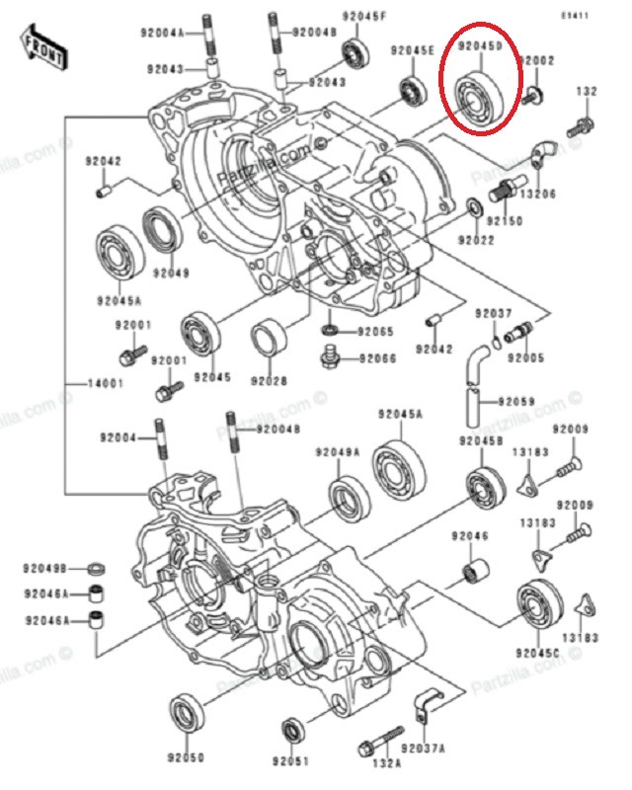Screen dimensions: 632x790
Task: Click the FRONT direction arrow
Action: click(x=42, y=46)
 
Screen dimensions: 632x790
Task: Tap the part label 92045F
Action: click(x=364, y=16)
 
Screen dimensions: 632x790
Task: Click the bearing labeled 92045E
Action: click(x=414, y=91)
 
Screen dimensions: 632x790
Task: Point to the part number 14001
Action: click(x=106, y=383)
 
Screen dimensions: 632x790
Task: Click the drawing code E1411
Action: click(x=575, y=16)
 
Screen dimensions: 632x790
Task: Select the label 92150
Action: click(x=505, y=220)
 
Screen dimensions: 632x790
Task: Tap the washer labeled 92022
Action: click(x=474, y=206)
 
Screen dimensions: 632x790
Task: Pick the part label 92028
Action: click(x=270, y=380)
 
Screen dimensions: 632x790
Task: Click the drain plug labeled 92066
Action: click(x=329, y=356)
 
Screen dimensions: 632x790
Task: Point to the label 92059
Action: click(x=516, y=402)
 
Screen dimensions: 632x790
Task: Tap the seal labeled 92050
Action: click(x=188, y=715)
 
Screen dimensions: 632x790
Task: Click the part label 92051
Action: click(x=290, y=760)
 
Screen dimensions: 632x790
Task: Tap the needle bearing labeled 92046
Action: click(x=475, y=570)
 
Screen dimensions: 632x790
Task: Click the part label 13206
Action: click(x=538, y=194)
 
